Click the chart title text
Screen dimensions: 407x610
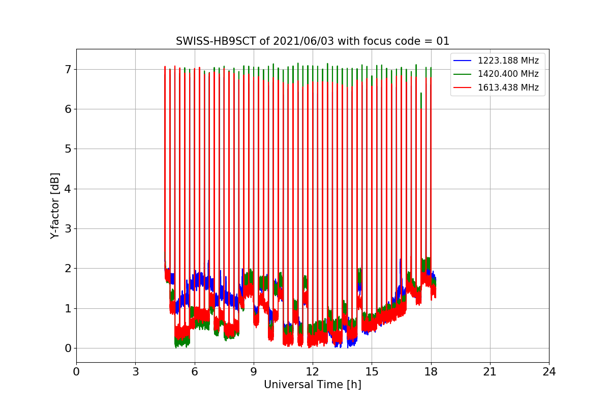313,41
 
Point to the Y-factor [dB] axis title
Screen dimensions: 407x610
55,206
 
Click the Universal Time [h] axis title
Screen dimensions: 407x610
313,385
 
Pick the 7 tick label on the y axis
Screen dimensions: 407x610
68,69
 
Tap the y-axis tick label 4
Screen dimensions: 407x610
68,189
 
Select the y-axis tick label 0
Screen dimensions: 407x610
68,348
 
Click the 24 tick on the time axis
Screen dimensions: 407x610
549,372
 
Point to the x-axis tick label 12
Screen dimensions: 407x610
313,372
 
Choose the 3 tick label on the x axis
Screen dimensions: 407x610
135,372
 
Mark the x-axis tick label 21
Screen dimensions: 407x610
490,372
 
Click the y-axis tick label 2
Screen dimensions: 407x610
68,269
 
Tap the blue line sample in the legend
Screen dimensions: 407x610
463,61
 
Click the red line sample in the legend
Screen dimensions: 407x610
463,87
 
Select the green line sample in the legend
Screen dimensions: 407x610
463,74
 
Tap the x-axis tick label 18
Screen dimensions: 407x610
431,372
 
